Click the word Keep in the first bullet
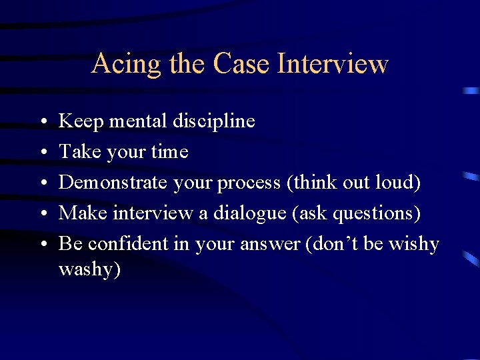click(x=80, y=121)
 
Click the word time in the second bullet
click(x=170, y=152)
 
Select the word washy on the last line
click(x=89, y=270)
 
